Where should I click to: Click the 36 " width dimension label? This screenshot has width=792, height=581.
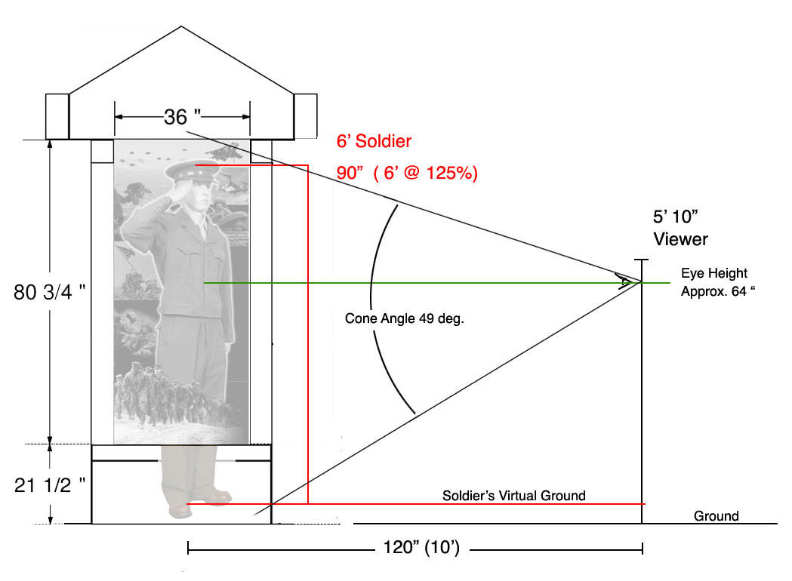[183, 117]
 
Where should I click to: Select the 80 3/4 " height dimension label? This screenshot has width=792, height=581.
[50, 292]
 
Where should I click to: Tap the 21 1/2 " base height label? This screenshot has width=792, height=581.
[50, 485]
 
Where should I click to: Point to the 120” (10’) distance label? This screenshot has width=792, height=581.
[422, 547]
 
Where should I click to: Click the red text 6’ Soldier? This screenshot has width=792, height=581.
[374, 141]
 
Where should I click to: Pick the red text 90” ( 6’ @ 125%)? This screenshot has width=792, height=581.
[407, 173]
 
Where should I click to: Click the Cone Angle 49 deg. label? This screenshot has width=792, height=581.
[404, 318]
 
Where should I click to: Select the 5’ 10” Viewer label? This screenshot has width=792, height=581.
[680, 228]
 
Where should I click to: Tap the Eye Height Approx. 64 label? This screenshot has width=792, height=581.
[718, 282]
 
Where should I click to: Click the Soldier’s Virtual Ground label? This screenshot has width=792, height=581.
[514, 496]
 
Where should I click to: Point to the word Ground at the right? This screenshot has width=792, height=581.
[716, 516]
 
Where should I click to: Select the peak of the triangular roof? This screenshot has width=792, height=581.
[181, 26]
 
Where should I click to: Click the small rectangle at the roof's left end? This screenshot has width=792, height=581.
[57, 116]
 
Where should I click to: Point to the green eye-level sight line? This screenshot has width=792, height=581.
[437, 283]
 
